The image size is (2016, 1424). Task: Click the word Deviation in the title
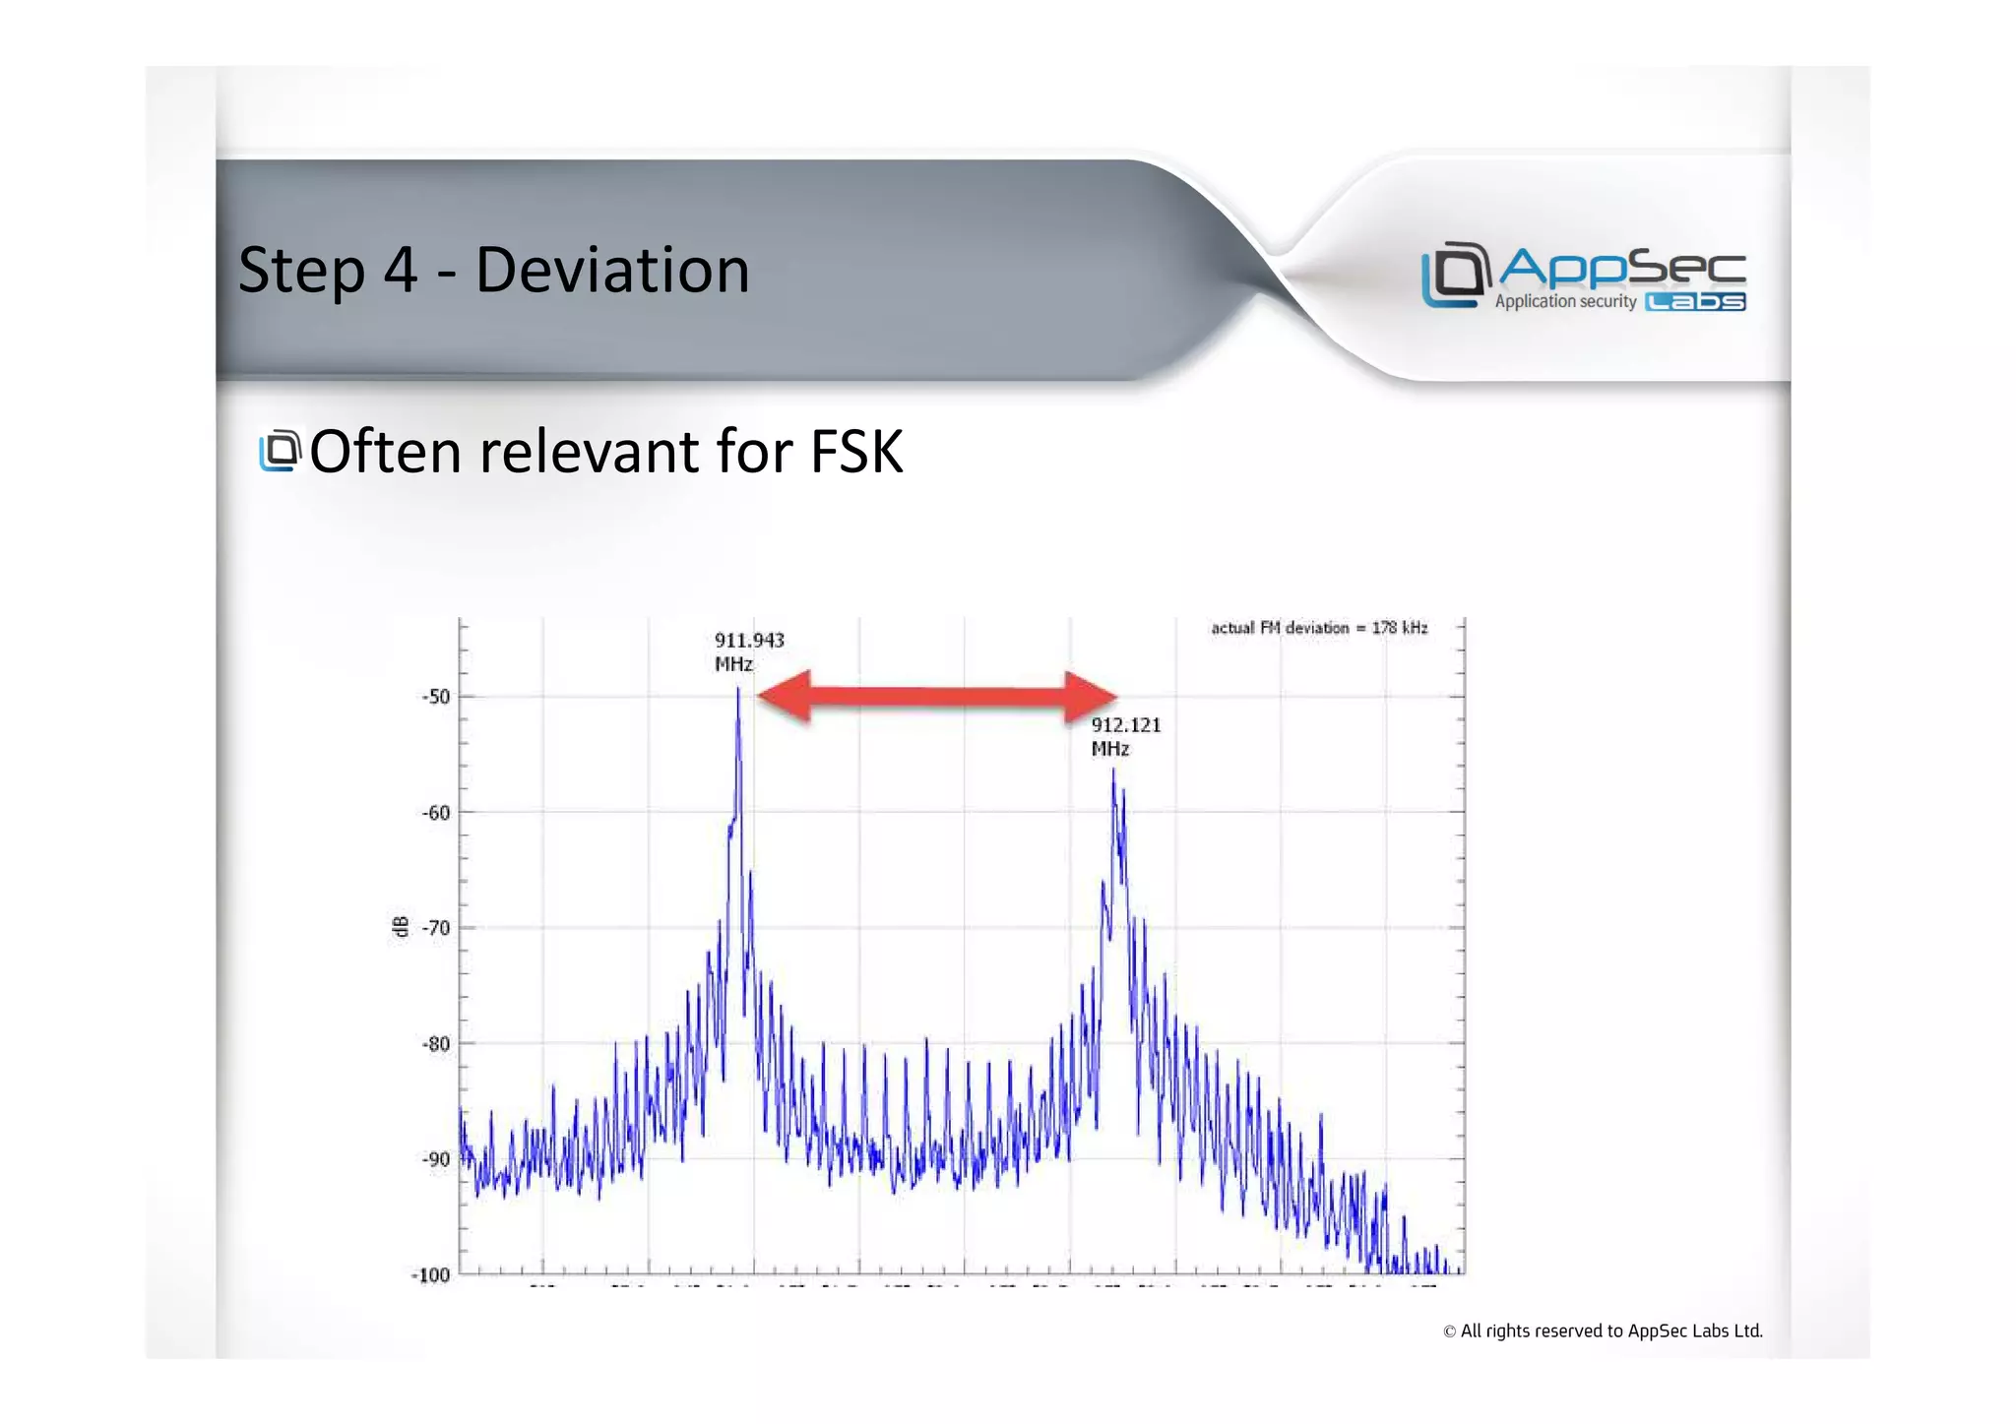611,270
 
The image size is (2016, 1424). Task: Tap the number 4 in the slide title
400,270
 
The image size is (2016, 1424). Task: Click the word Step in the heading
300,272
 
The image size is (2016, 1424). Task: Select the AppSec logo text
1621,267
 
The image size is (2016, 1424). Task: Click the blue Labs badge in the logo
1695,302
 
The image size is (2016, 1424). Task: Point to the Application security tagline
1565,301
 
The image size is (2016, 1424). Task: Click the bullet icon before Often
280,451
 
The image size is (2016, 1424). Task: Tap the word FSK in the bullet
855,452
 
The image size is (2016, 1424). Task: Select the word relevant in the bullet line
589,452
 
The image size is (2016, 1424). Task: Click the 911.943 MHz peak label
748,651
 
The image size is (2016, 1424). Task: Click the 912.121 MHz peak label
1125,736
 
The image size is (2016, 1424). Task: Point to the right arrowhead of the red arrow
1091,697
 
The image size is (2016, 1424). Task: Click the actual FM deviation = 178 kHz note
1318,628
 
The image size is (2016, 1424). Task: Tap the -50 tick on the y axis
436,697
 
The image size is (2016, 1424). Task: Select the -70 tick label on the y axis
436,928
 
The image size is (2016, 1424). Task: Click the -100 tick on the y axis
430,1275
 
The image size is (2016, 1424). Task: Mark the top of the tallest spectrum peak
738,689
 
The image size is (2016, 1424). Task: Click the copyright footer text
1603,1331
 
